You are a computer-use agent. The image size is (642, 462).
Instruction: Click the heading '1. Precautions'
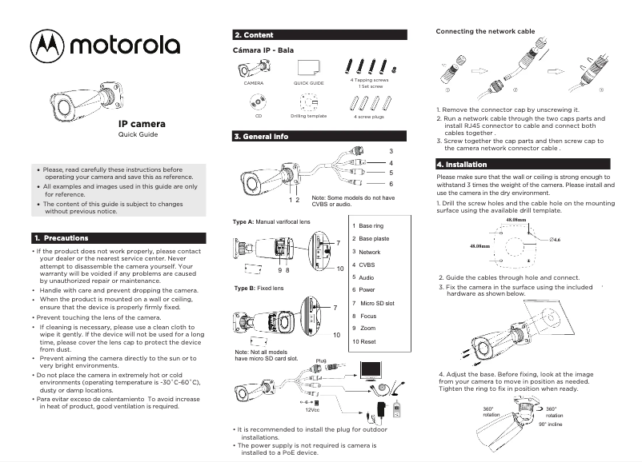coord(61,238)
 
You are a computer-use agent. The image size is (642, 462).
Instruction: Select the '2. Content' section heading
coord(254,35)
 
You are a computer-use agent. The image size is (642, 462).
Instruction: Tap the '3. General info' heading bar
coord(261,137)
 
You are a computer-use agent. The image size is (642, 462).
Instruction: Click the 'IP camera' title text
coord(142,124)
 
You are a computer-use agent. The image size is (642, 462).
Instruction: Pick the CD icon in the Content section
coord(259,102)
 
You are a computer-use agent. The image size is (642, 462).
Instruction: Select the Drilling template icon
coord(308,102)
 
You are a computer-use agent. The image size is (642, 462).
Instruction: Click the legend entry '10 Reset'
coord(364,341)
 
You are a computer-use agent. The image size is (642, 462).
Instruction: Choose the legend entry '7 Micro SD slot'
coord(373,303)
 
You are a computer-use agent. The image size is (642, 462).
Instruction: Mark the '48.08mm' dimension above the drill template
coord(512,219)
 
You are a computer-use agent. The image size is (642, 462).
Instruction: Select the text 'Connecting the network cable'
coord(484,30)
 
